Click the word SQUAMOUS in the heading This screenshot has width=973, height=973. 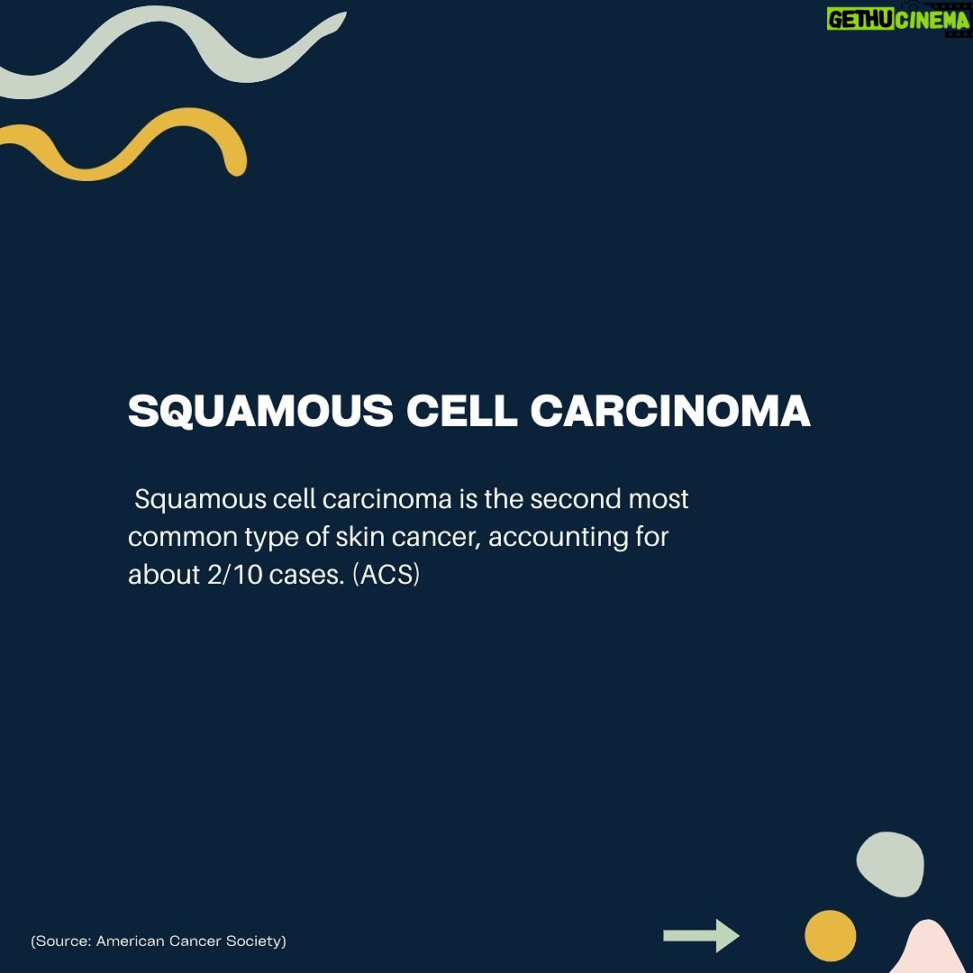(x=260, y=411)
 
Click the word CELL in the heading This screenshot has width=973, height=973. (x=461, y=410)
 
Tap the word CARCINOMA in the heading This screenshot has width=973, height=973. (x=670, y=410)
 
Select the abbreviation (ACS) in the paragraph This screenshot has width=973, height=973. (x=386, y=575)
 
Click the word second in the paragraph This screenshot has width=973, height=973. (x=575, y=499)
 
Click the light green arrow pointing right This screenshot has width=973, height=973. (x=701, y=935)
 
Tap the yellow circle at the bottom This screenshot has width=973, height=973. (x=831, y=936)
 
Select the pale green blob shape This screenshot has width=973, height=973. (x=890, y=864)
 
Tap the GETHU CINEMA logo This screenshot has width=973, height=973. (x=898, y=21)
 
